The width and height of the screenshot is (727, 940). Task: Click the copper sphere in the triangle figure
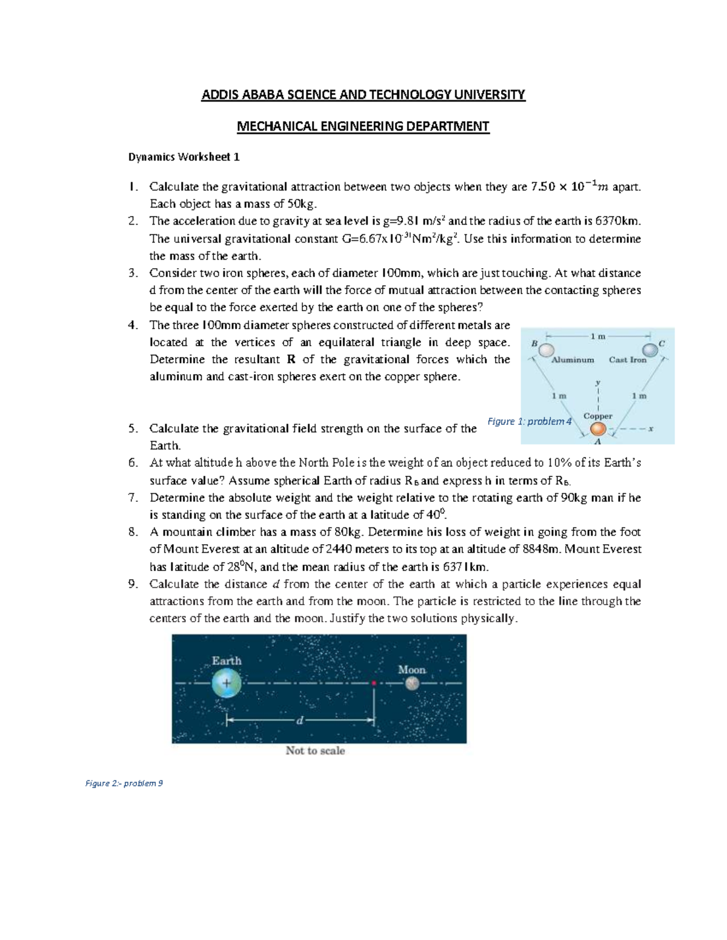pyautogui.click(x=598, y=429)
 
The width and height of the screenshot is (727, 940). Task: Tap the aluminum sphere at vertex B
pyautogui.click(x=546, y=350)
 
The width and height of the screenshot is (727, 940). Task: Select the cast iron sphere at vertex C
pyautogui.click(x=649, y=350)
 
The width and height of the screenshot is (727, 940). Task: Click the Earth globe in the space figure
pyautogui.click(x=227, y=684)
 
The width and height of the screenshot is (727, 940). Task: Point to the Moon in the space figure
pyautogui.click(x=412, y=683)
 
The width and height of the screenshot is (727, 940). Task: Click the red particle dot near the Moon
pyautogui.click(x=374, y=683)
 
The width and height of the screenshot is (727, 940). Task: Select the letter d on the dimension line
pyautogui.click(x=299, y=720)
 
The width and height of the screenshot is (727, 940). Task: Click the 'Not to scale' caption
pyautogui.click(x=315, y=751)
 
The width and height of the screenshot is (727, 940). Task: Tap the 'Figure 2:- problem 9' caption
pyautogui.click(x=124, y=783)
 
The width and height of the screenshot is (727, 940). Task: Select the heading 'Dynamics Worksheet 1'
pyautogui.click(x=184, y=157)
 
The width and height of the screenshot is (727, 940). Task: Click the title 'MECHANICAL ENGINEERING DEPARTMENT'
pyautogui.click(x=363, y=127)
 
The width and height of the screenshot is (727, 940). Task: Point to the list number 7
pyautogui.click(x=133, y=498)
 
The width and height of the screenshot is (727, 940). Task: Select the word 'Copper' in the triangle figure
pyautogui.click(x=598, y=416)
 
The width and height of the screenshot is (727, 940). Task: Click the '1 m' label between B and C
pyautogui.click(x=597, y=336)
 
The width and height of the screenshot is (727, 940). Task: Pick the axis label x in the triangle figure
pyautogui.click(x=651, y=429)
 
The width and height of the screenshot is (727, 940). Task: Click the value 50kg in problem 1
pyautogui.click(x=300, y=204)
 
